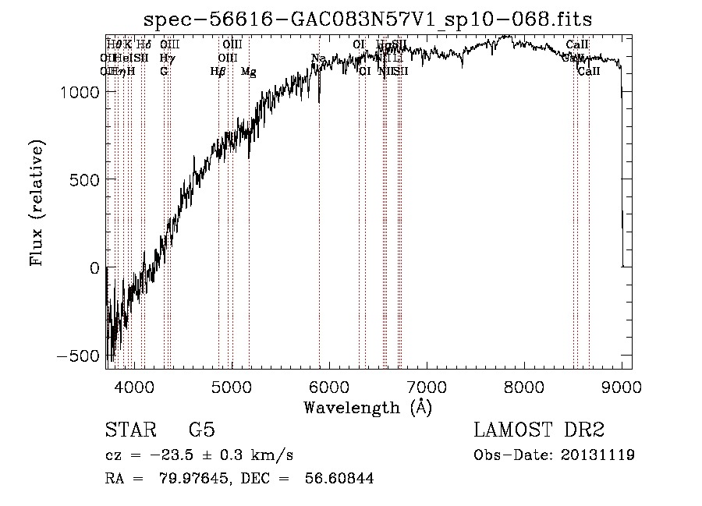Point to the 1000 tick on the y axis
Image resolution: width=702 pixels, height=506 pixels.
pyautogui.click(x=107, y=92)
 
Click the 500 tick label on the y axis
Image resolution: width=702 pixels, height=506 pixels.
pyautogui.click(x=80, y=180)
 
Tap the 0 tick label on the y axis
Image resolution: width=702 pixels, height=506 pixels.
pyautogui.click(x=94, y=268)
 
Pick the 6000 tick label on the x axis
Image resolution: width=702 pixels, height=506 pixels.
pyautogui.click(x=329, y=386)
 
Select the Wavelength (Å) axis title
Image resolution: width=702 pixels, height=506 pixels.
pyautogui.click(x=367, y=407)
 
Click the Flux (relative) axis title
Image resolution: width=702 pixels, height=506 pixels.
pyautogui.click(x=37, y=202)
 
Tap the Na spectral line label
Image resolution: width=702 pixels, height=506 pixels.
pyautogui.click(x=318, y=58)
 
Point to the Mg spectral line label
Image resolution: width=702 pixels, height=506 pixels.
pyautogui.click(x=249, y=72)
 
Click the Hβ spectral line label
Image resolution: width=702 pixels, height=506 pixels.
pyautogui.click(x=218, y=72)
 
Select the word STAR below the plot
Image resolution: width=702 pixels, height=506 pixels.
pyautogui.click(x=129, y=430)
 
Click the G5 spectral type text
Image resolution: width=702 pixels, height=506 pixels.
pyautogui.click(x=202, y=430)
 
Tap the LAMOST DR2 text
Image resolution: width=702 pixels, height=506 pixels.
pyautogui.click(x=539, y=430)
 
